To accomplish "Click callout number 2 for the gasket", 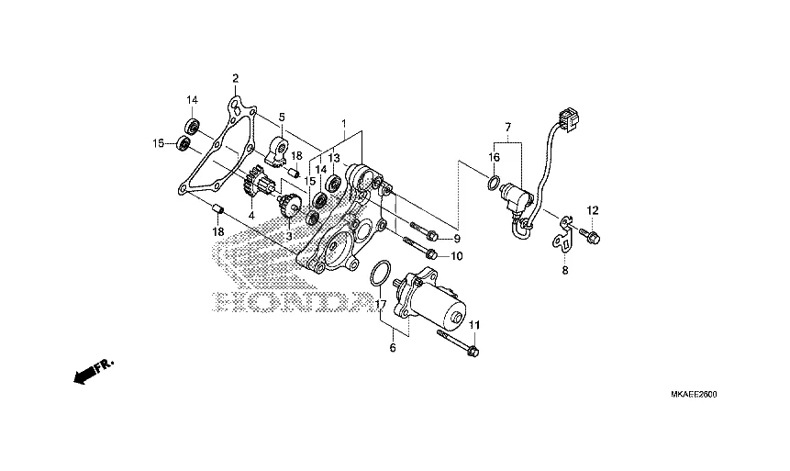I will (235, 78).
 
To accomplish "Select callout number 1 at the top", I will (343, 123).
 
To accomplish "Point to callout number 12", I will (592, 209).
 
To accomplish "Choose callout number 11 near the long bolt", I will (474, 326).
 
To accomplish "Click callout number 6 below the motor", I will (393, 348).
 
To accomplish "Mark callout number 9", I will (457, 239).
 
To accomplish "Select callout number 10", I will (457, 255).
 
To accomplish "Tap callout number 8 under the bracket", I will (564, 270).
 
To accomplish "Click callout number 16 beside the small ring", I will (494, 158).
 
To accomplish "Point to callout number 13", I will (333, 158).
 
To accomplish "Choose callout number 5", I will (282, 117).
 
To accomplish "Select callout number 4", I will (250, 217).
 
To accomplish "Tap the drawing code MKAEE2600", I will (693, 394).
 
